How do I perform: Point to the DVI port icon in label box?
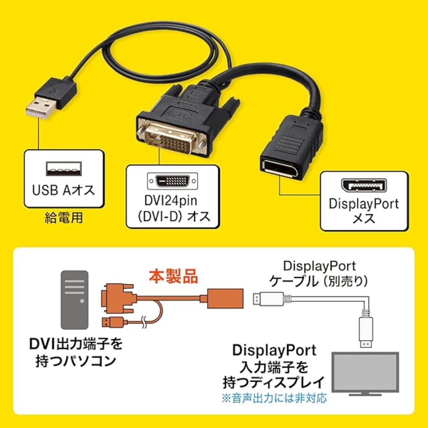pos(173,181)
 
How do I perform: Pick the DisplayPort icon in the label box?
pos(364,186)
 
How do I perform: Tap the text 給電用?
pos(64,218)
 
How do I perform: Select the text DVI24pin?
pos(171,201)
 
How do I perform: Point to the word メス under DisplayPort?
pos(364,219)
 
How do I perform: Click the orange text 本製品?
pos(173,277)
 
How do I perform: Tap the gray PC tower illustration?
pos(75,300)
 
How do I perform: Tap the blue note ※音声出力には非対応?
pos(274,398)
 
